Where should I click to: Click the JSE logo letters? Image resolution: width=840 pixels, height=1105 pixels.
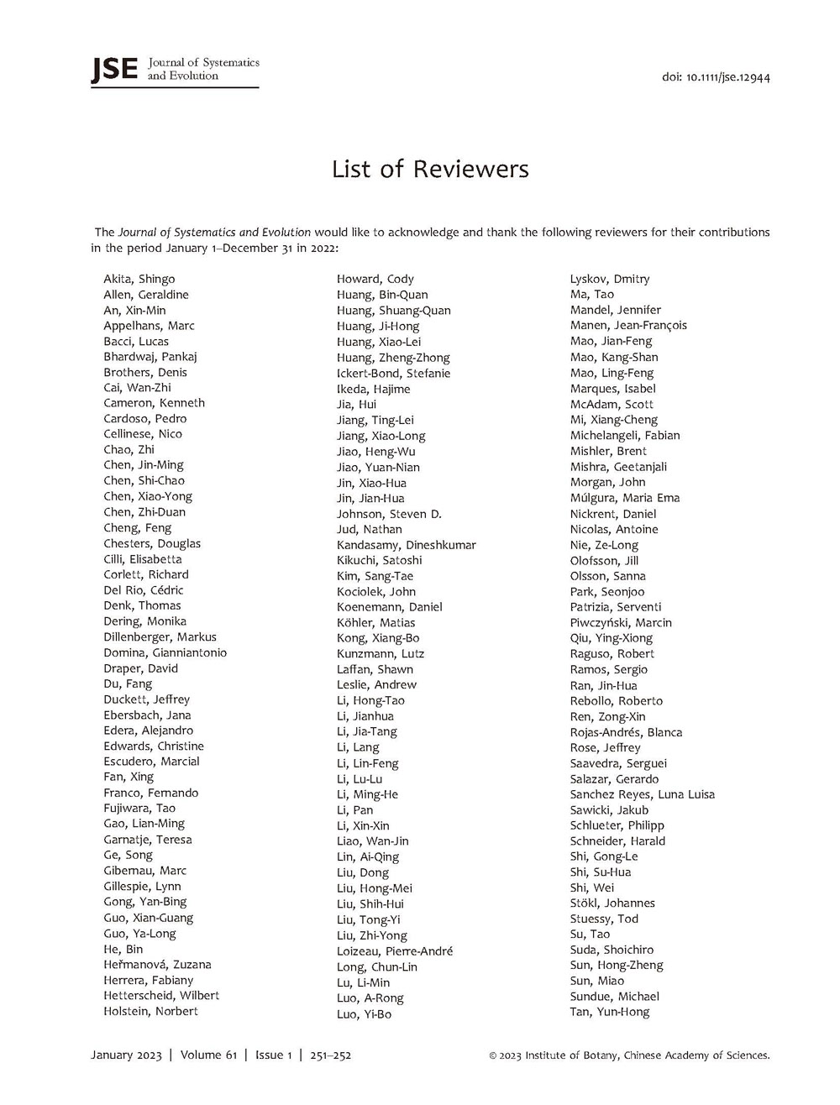click(x=113, y=69)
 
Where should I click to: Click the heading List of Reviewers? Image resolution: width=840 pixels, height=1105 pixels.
click(x=430, y=169)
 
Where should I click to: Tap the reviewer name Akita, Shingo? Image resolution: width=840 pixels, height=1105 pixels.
click(x=139, y=279)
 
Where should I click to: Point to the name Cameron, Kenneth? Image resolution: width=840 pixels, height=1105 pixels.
click(x=154, y=403)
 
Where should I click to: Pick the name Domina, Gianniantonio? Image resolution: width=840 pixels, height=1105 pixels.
click(x=165, y=652)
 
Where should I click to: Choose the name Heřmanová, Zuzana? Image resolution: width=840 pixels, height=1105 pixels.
click(x=157, y=965)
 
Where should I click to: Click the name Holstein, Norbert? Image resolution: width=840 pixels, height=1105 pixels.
click(x=150, y=1011)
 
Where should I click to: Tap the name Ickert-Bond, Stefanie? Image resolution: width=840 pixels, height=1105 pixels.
click(x=393, y=373)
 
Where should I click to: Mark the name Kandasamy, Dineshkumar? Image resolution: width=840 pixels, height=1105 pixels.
click(x=406, y=545)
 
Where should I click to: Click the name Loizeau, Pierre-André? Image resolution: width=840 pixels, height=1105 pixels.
click(x=394, y=951)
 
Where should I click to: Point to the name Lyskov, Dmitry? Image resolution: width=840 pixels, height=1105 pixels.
click(x=610, y=279)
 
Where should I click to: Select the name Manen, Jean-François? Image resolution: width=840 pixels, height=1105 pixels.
click(x=628, y=326)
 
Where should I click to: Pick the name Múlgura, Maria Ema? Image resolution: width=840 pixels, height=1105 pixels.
click(x=624, y=498)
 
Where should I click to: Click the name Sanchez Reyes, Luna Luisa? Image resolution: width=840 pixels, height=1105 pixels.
click(x=642, y=794)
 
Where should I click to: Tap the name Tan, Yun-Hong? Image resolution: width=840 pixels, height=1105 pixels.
click(x=609, y=1012)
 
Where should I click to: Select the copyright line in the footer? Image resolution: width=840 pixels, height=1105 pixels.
click(x=628, y=1055)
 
